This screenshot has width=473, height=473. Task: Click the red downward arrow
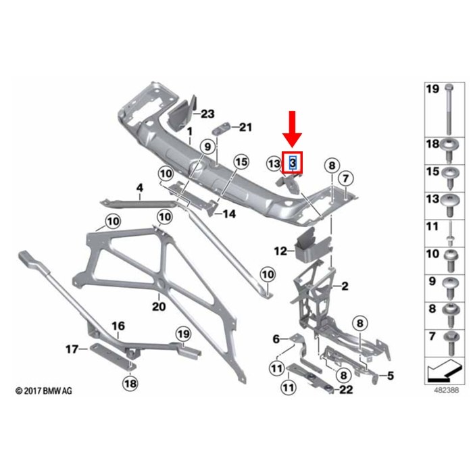pos(292,129)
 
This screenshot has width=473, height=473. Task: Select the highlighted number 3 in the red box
pos(293,163)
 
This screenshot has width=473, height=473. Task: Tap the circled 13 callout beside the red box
pos(274,164)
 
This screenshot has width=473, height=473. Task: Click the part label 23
pos(207,114)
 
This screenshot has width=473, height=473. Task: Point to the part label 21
pos(245,127)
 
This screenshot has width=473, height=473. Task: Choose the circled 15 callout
pos(242,162)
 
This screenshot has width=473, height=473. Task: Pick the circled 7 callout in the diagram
pos(346,178)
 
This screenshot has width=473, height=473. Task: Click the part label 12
pos(280,251)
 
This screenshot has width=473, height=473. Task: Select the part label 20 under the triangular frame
pos(159,306)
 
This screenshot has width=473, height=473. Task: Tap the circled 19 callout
pos(184,334)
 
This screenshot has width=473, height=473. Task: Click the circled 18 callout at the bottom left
pos(130,383)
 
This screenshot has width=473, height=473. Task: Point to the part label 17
pos(72,349)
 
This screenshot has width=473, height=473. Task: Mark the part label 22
pos(346,389)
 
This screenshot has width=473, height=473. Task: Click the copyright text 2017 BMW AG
pos(44,391)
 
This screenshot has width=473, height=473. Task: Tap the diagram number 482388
pos(447,390)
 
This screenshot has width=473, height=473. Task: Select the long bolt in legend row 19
pos(449,109)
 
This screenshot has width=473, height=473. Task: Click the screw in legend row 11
pos(450,234)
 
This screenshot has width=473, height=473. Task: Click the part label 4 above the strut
pos(140,188)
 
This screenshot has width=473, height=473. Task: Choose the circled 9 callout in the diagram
pos(208,147)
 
